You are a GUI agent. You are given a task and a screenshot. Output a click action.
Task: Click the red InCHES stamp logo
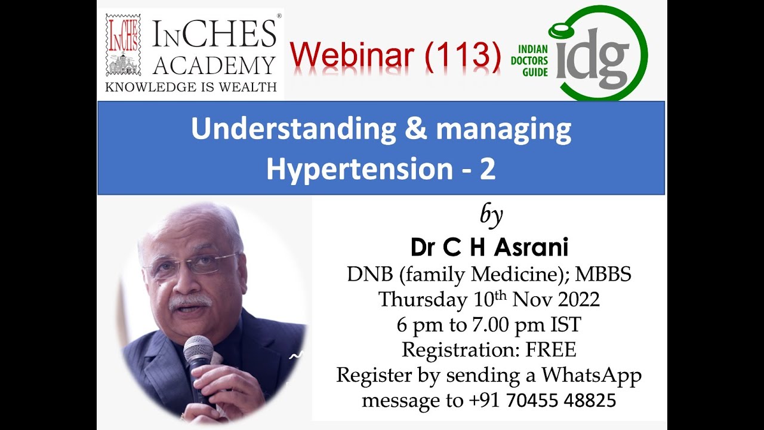tap(123, 45)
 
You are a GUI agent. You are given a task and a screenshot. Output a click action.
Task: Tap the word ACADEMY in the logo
tap(214, 66)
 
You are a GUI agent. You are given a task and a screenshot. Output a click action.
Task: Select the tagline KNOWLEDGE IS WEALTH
tap(190, 87)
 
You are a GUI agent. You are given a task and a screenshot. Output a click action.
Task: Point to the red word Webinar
tap(352, 55)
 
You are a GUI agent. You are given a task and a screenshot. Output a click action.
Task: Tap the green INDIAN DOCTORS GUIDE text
tap(529, 61)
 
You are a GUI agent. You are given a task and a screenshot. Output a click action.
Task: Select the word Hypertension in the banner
tap(359, 170)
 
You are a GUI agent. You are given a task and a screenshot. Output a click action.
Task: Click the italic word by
tap(491, 216)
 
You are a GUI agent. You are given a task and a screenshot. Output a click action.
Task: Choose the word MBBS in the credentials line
tap(603, 274)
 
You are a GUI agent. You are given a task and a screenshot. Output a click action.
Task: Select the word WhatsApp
tap(592, 376)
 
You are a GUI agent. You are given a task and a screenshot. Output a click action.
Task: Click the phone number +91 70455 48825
tap(543, 400)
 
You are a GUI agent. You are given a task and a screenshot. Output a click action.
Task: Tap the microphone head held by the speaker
tap(198, 349)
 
